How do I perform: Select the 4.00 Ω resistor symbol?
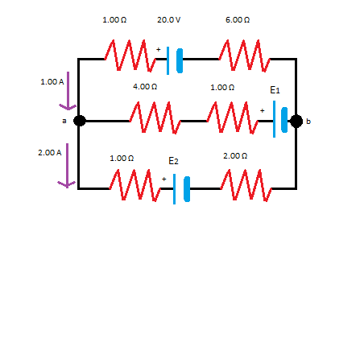pyautogui.click(x=155, y=120)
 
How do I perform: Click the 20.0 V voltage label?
pyautogui.click(x=168, y=18)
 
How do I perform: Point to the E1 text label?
pyautogui.click(x=275, y=91)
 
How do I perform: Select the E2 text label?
pyautogui.click(x=172, y=162)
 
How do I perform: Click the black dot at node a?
pyautogui.click(x=79, y=121)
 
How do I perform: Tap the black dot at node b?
pyautogui.click(x=296, y=121)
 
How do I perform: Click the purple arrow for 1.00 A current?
pyautogui.click(x=68, y=92)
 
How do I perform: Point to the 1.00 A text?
pyautogui.click(x=52, y=81)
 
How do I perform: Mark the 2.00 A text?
pyautogui.click(x=49, y=151)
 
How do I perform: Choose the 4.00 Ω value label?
pyautogui.click(x=145, y=86)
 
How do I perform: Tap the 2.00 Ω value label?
pyautogui.click(x=235, y=155)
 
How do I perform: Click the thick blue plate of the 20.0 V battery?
pyautogui.click(x=180, y=59)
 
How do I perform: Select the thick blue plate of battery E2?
pyautogui.click(x=187, y=189)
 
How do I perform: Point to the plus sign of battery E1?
pyautogui.click(x=263, y=110)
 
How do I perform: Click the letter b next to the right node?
pyautogui.click(x=308, y=122)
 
